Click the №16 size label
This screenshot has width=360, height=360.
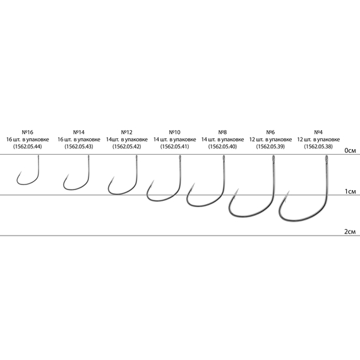pos(27,132)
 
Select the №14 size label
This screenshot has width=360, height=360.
pos(79,132)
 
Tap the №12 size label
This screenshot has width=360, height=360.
pos(127,132)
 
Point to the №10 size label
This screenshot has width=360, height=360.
pos(174,132)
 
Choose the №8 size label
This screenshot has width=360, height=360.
pos(222,132)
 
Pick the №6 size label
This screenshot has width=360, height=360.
pos(270,132)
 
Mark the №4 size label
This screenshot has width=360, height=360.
pos(318,132)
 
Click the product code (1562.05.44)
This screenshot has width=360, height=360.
pos(28,147)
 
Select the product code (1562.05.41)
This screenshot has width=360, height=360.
pos(174,147)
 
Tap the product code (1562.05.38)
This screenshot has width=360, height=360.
pos(318,147)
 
